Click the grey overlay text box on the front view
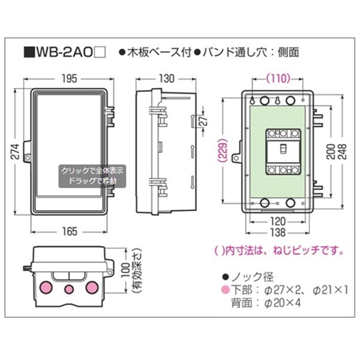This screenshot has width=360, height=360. pos(92,176)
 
